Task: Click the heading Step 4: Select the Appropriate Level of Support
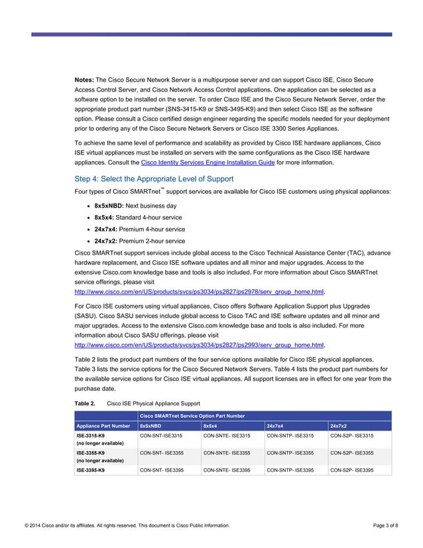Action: coord(154,178)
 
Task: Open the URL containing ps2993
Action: coord(200,345)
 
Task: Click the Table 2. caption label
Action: coord(85,403)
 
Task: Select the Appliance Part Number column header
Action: coord(103,425)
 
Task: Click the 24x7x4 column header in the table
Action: coord(275,425)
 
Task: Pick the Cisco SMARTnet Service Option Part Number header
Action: coord(192,415)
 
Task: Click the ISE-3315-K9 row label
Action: coord(90,436)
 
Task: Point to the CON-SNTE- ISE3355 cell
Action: coord(227,453)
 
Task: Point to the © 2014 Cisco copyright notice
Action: coord(127,525)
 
